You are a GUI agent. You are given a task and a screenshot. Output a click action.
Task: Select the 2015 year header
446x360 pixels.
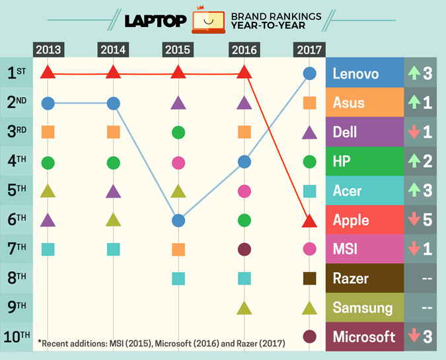[x=178, y=50]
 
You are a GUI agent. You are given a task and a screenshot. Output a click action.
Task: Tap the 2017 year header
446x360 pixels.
[x=309, y=50]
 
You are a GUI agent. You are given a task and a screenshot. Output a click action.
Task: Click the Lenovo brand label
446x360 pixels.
[x=356, y=73]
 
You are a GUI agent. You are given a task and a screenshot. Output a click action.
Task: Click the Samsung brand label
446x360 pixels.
[x=362, y=307]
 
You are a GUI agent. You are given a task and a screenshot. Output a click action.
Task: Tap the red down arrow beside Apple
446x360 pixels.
[x=414, y=220]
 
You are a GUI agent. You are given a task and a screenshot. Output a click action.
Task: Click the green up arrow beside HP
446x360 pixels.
[x=414, y=161]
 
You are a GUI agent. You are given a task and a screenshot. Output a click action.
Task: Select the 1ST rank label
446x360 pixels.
[x=17, y=73]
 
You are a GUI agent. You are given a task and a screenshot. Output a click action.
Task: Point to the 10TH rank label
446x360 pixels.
[x=17, y=336]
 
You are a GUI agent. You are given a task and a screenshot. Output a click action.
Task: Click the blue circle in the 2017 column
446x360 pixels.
[x=309, y=74]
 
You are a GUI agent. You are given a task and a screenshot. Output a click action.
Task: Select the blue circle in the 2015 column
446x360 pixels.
[x=178, y=220]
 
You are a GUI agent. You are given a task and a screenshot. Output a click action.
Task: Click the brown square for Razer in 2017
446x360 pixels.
[x=309, y=278]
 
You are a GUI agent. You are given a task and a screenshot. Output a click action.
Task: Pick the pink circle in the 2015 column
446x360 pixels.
[x=178, y=162]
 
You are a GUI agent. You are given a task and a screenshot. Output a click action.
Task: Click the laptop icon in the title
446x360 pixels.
[x=208, y=21]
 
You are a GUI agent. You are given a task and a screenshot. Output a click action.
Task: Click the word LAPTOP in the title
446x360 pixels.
[x=155, y=21]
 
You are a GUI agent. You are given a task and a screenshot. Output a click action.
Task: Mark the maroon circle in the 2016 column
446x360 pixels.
[x=244, y=249]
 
